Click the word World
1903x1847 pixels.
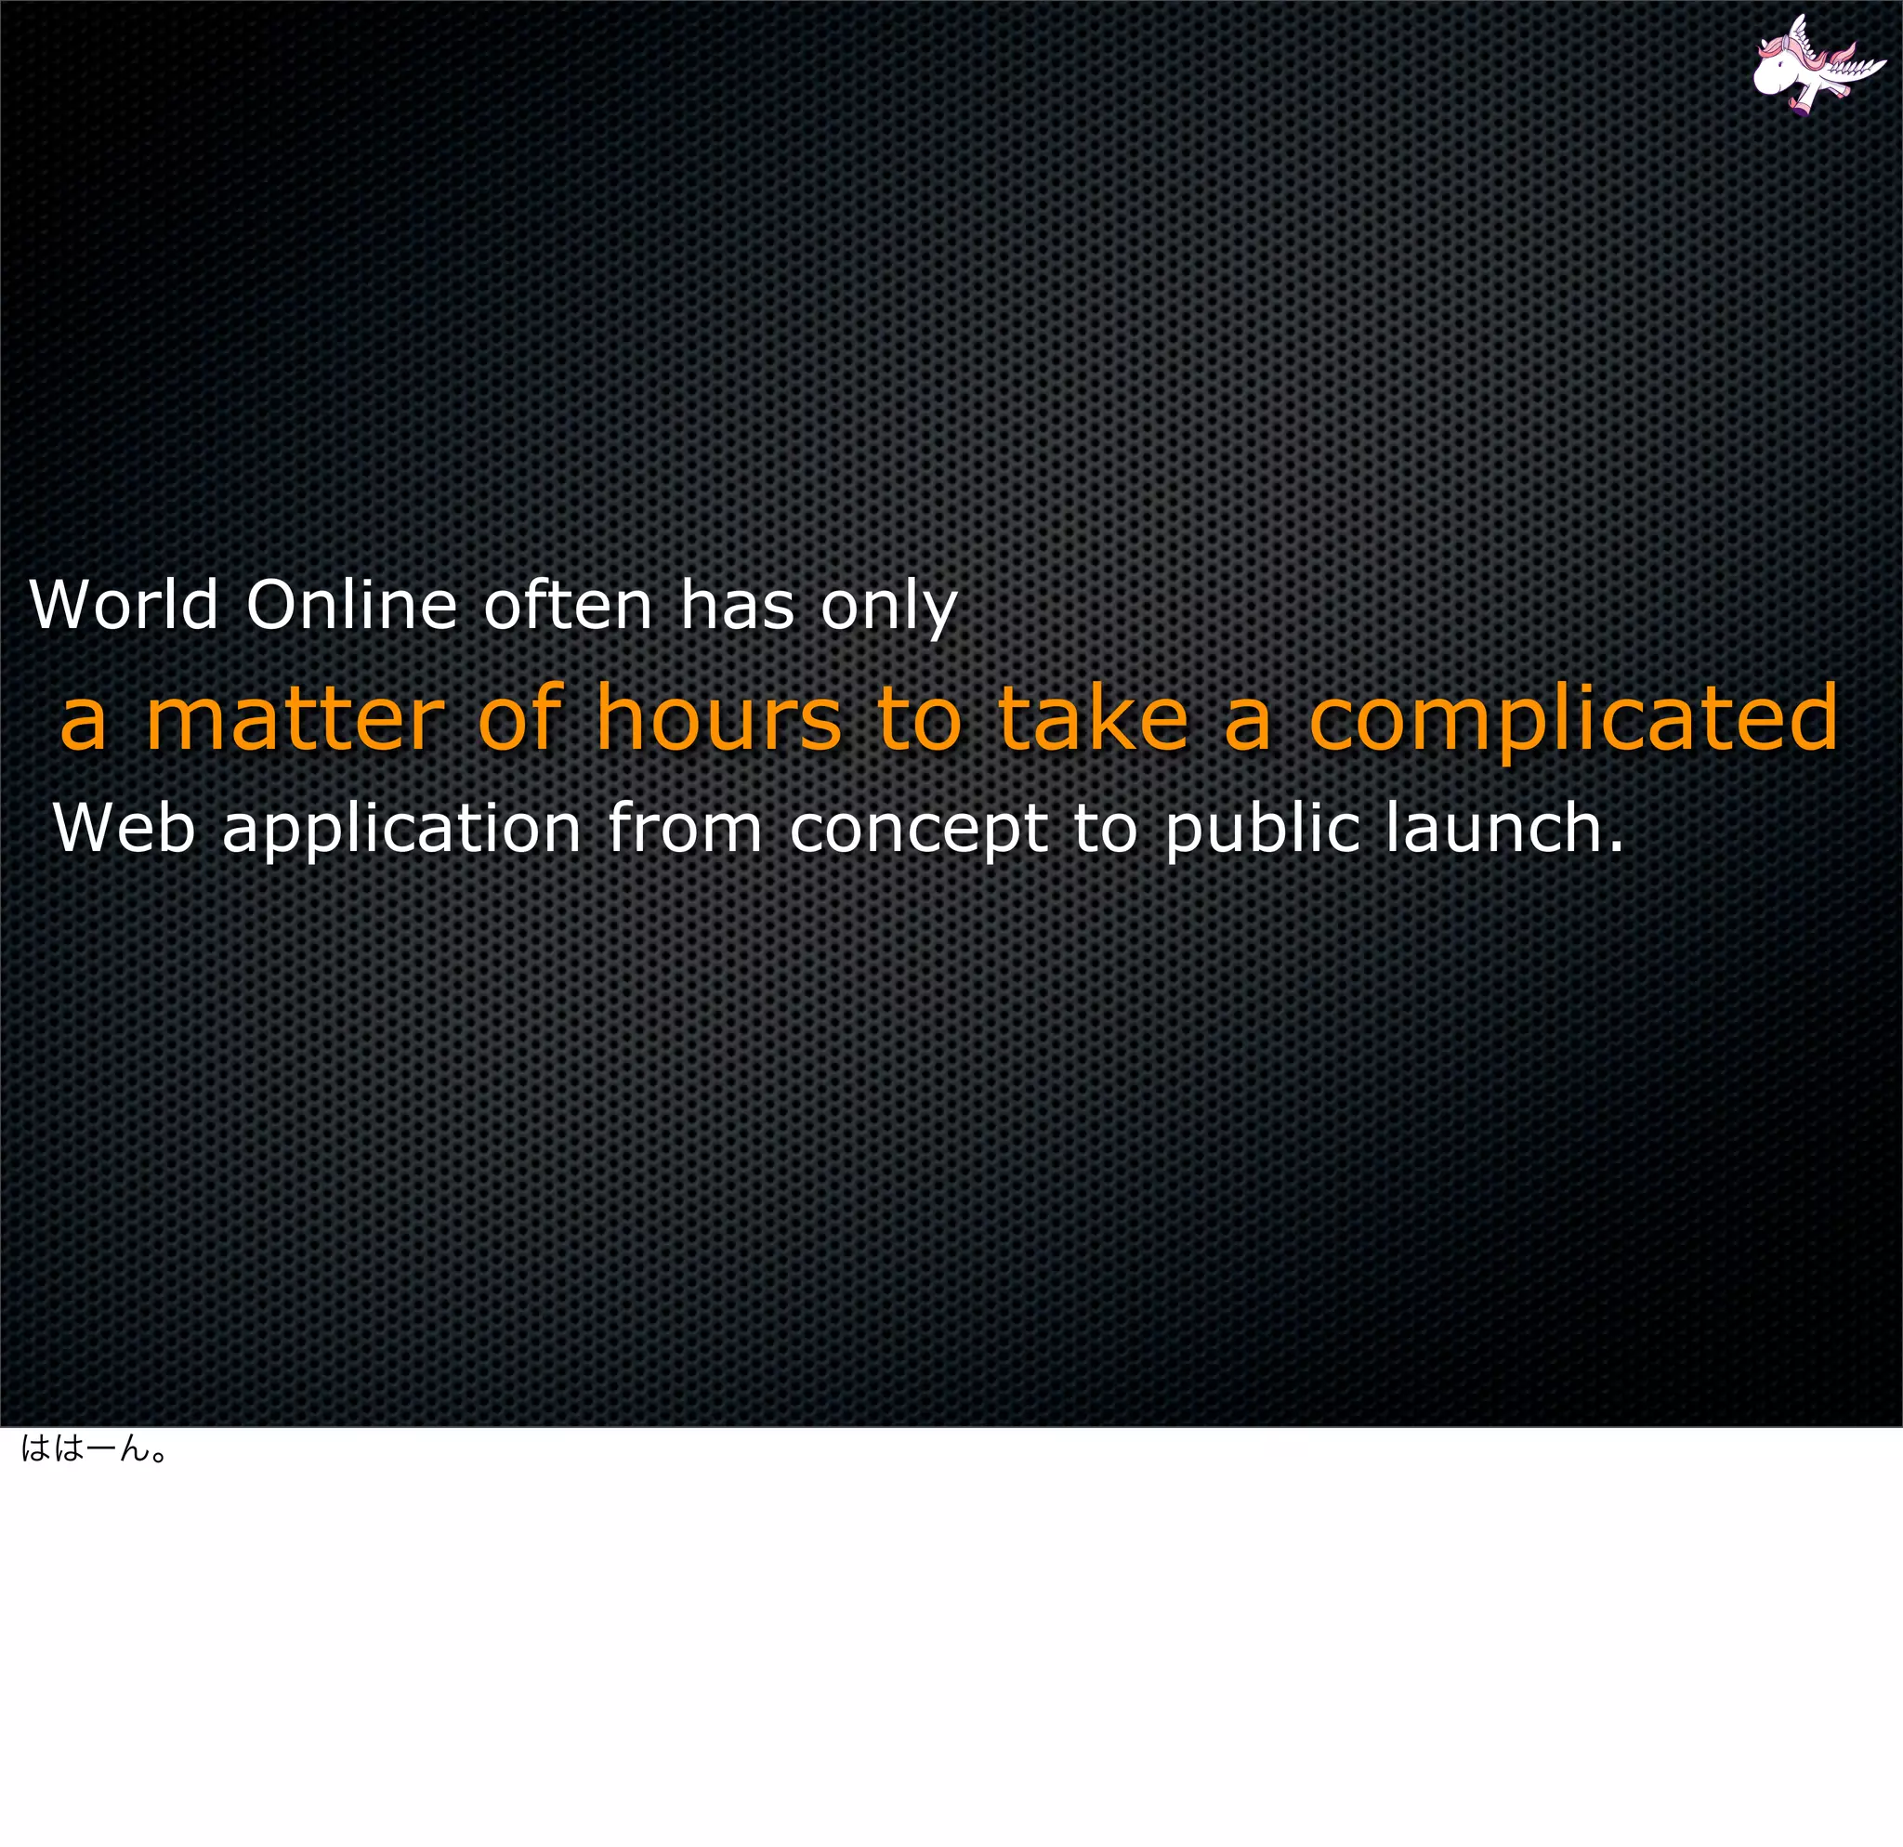click(125, 606)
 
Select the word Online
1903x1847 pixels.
click(350, 606)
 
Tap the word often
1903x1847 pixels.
click(568, 606)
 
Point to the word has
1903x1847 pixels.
click(737, 606)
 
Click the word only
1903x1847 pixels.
click(889, 609)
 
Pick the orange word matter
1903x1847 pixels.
click(295, 719)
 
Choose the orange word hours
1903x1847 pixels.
click(718, 719)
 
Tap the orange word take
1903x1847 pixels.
click(1093, 719)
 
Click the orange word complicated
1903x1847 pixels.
click(1573, 723)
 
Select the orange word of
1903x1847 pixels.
click(520, 719)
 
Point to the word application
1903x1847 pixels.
click(402, 832)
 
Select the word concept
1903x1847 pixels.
click(917, 832)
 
